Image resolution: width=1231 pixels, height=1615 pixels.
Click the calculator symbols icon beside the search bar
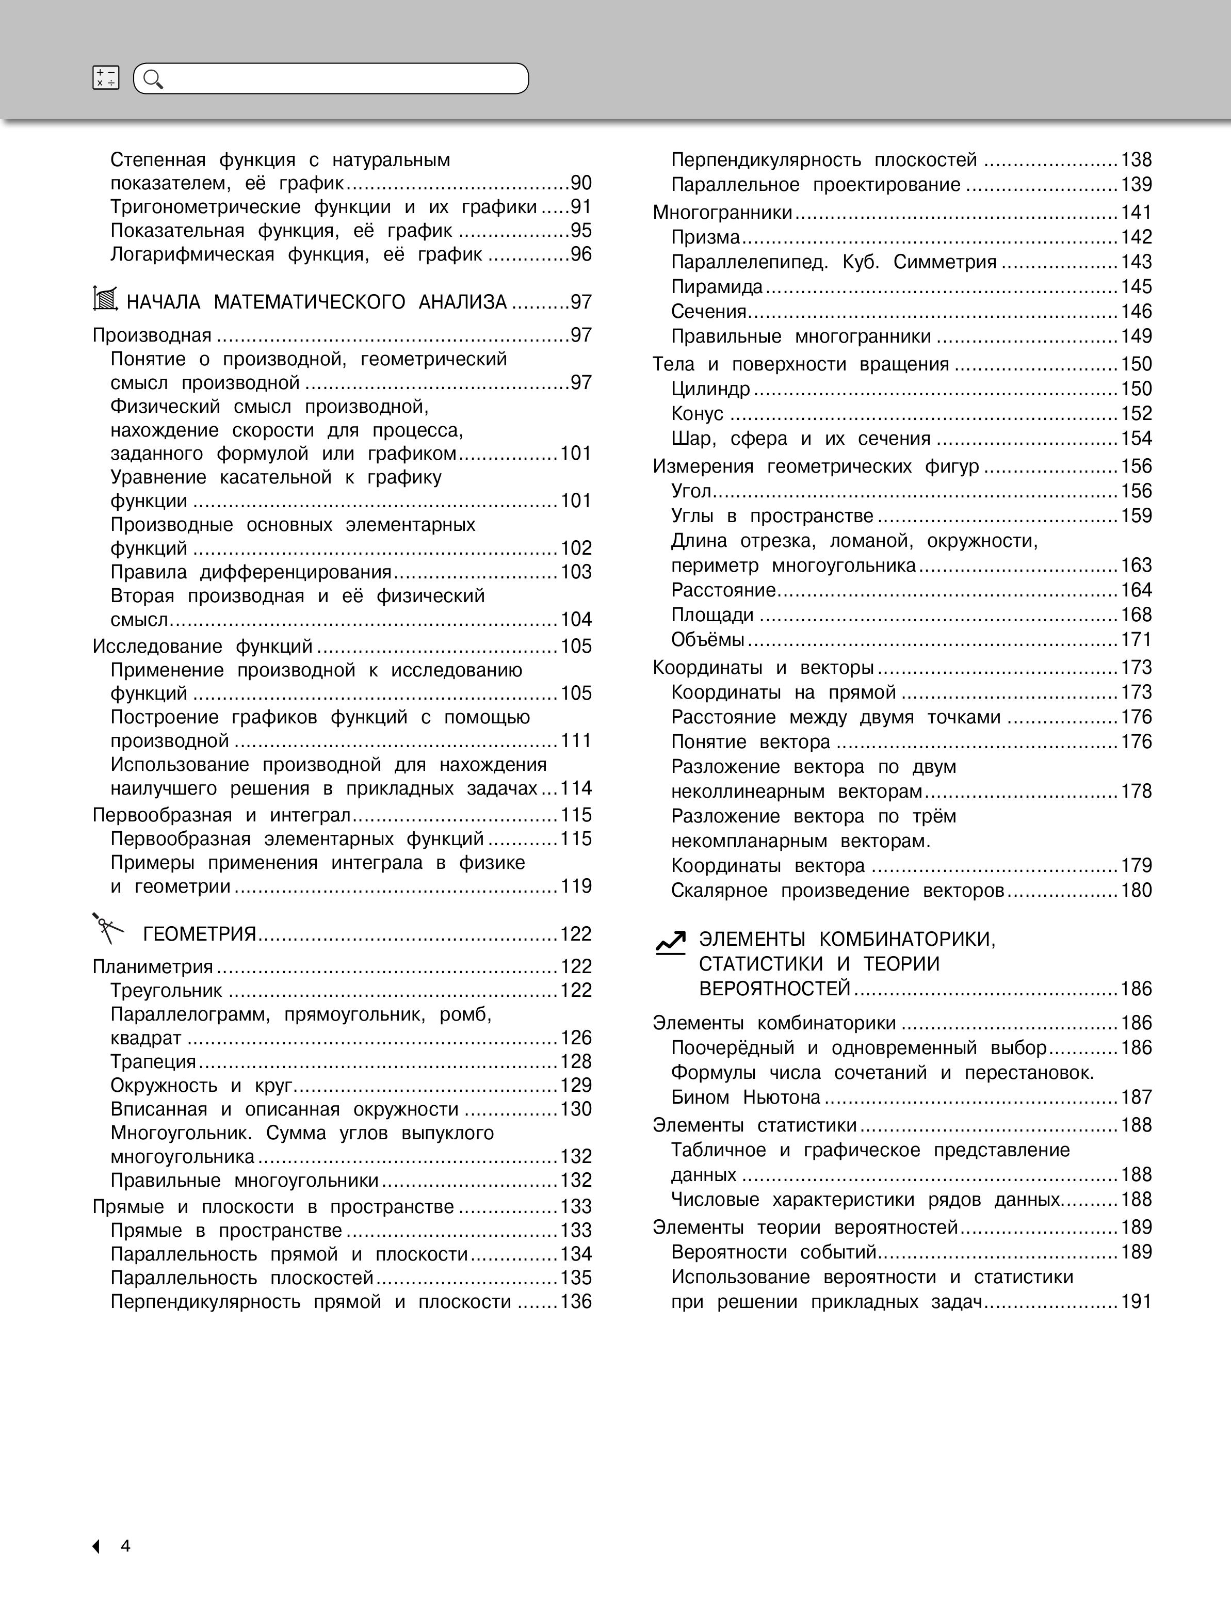pyautogui.click(x=106, y=78)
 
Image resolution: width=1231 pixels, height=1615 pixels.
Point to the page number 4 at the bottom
pyautogui.click(x=125, y=1545)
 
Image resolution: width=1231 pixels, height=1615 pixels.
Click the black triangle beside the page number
pyautogui.click(x=96, y=1546)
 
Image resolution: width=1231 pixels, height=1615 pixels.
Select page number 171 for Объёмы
pyautogui.click(x=1136, y=640)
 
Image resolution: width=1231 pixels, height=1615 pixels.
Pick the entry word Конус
pyautogui.click(x=697, y=414)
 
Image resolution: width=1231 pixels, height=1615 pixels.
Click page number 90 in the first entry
pyautogui.click(x=581, y=183)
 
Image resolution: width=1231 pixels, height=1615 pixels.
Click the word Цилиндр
pyautogui.click(x=710, y=389)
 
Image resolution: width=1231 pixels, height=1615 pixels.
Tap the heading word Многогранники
pyautogui.click(x=722, y=213)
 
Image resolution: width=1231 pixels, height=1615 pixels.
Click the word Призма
pyautogui.click(x=705, y=237)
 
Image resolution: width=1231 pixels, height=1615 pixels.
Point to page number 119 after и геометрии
pyautogui.click(x=576, y=886)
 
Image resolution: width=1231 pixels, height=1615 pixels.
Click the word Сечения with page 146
pyautogui.click(x=708, y=312)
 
